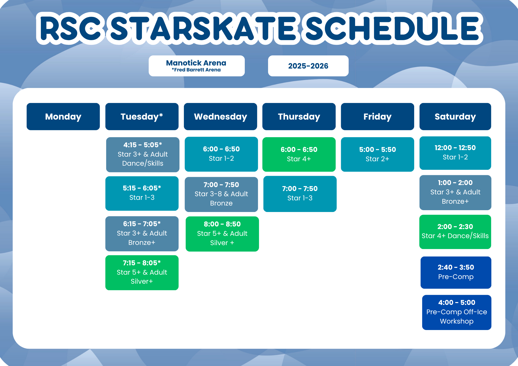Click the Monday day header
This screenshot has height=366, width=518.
[63, 116]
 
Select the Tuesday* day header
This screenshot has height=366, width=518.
[142, 116]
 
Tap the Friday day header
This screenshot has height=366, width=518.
[377, 116]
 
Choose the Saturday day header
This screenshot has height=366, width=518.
[455, 116]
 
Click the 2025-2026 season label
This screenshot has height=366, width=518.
[308, 66]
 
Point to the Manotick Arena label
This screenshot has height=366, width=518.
[197, 66]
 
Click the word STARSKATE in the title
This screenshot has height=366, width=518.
[203, 28]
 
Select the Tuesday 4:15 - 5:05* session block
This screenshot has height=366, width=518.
[143, 155]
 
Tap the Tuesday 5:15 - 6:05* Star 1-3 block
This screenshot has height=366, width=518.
[142, 193]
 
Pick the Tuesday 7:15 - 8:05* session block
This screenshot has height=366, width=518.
[142, 273]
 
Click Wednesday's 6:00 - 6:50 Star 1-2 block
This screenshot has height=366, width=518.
[221, 154]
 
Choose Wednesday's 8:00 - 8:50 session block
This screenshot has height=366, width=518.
[222, 234]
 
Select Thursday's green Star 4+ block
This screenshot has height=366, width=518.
[299, 154]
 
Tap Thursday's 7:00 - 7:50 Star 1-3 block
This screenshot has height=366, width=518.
[300, 194]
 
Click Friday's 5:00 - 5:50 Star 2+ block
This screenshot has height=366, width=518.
[377, 154]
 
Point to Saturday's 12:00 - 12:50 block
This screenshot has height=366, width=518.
[455, 153]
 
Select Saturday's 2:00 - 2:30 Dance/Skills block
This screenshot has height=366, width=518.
[455, 232]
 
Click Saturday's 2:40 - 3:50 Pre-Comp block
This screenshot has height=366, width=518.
[456, 272]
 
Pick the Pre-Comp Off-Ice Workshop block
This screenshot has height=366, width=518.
[457, 312]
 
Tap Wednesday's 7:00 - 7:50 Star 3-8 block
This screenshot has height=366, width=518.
[221, 194]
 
